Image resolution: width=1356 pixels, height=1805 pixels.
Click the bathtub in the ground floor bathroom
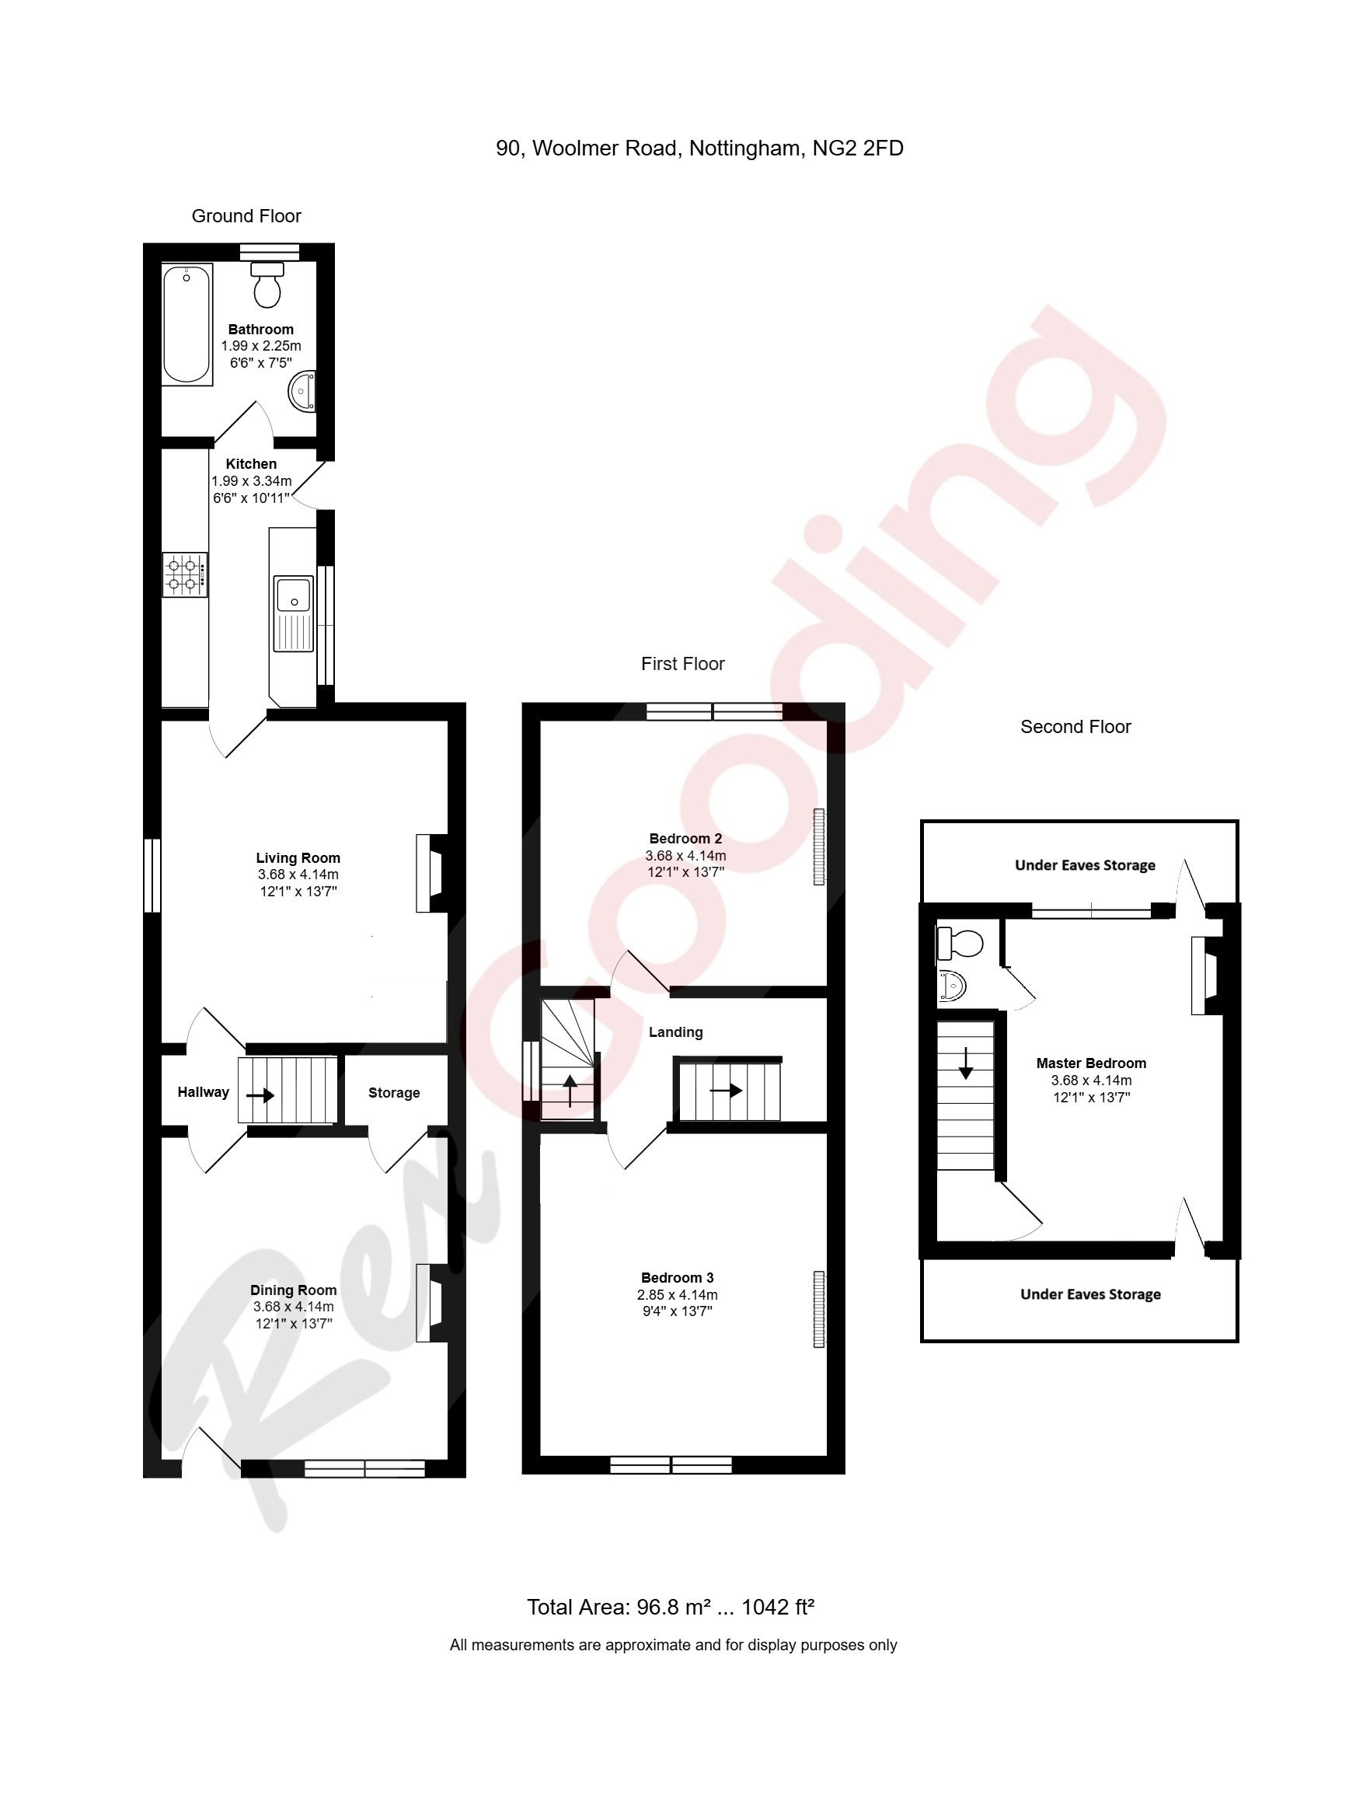click(186, 324)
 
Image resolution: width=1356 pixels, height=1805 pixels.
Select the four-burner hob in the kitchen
click(184, 574)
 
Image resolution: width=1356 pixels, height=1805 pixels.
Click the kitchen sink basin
click(293, 594)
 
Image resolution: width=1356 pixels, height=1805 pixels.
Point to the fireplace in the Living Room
click(431, 872)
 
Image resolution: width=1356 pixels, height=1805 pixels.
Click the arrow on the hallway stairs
click(260, 1096)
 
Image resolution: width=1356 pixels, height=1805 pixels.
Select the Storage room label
click(393, 1093)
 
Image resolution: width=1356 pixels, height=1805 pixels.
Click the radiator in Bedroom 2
click(818, 847)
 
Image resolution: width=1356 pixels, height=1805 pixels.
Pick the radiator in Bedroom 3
click(818, 1309)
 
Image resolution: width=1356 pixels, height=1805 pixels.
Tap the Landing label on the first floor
click(675, 1032)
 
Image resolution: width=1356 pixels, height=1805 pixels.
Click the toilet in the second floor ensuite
click(960, 943)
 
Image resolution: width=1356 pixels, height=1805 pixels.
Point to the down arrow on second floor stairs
click(965, 1063)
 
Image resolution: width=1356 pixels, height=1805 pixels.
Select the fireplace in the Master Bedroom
click(1205, 975)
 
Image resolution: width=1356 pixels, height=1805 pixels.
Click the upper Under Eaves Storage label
click(1084, 865)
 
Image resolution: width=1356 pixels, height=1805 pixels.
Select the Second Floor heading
click(1075, 727)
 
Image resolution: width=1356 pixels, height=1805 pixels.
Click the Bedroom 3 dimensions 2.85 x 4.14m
click(677, 1295)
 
